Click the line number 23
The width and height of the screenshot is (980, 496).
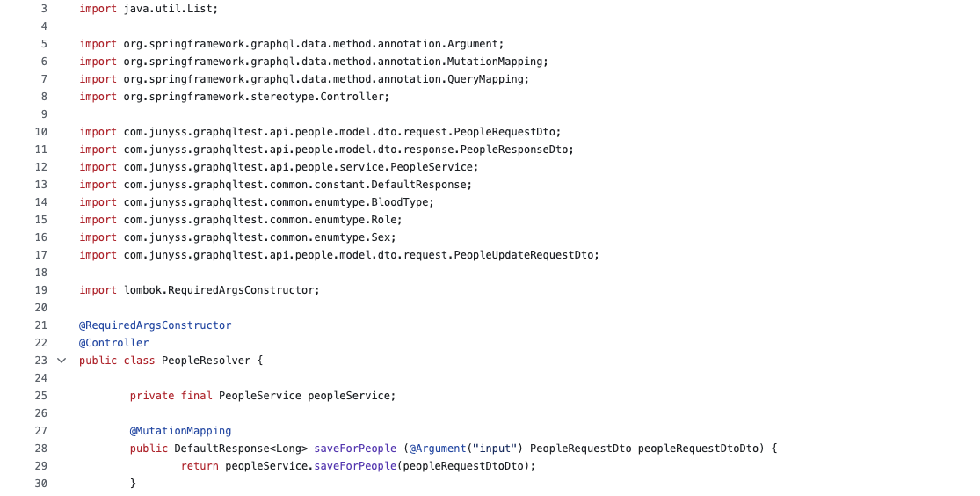click(x=40, y=361)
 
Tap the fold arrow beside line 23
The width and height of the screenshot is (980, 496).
click(x=62, y=361)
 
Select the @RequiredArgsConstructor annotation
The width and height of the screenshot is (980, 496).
click(x=155, y=325)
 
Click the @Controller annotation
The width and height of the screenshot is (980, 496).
click(x=113, y=343)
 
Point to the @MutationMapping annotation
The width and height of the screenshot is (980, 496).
click(x=180, y=431)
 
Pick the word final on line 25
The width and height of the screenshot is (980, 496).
click(x=196, y=396)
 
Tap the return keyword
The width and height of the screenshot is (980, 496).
click(x=200, y=466)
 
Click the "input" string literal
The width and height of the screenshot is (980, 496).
click(x=496, y=449)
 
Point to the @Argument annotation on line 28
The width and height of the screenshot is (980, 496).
click(x=436, y=449)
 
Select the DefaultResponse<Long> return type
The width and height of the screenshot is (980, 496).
click(x=240, y=449)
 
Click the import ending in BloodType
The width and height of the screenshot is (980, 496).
click(x=279, y=202)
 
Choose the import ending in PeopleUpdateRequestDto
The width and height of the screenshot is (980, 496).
click(x=360, y=255)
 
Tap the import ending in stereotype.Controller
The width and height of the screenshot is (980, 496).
click(x=256, y=97)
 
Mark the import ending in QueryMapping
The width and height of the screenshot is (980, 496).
click(x=326, y=79)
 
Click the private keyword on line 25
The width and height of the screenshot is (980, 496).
click(x=152, y=396)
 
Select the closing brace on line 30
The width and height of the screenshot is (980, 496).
click(x=134, y=484)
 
